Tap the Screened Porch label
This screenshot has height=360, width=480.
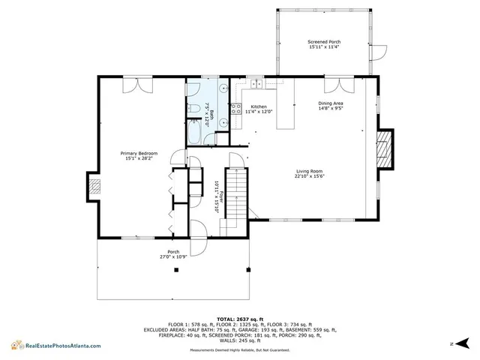click(325, 44)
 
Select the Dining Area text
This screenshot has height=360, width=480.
click(331, 105)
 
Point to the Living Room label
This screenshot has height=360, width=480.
click(310, 174)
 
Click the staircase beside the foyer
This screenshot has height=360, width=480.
click(236, 196)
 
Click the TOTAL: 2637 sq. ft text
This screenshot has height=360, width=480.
click(240, 318)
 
